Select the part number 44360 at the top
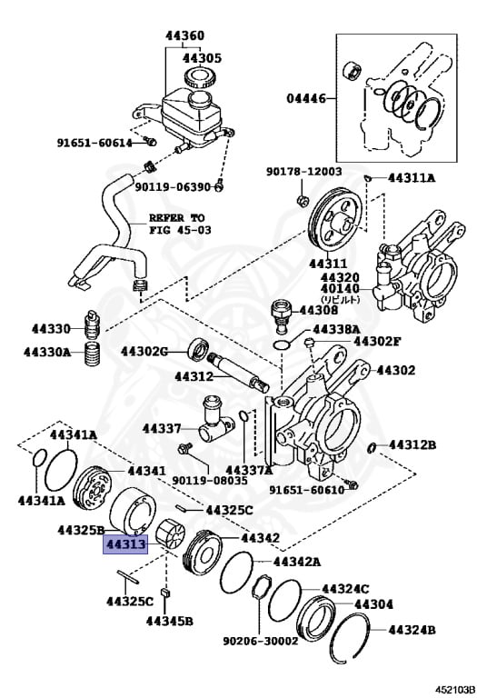(184, 36)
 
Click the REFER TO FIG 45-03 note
(177, 224)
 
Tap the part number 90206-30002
(261, 640)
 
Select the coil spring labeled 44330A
(92, 354)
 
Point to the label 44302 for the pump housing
(395, 370)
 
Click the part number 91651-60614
(94, 142)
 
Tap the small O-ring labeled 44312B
(373, 446)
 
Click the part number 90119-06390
(173, 187)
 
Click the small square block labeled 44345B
(165, 594)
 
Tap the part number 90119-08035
(209, 479)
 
